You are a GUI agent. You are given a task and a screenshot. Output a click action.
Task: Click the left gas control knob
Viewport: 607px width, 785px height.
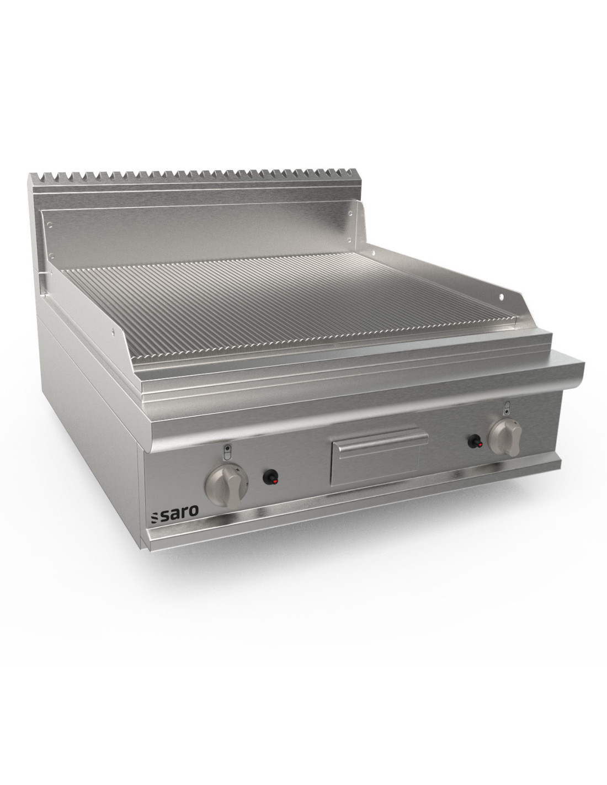coord(223,486)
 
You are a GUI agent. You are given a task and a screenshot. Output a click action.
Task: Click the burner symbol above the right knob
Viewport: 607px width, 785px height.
coord(507,407)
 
